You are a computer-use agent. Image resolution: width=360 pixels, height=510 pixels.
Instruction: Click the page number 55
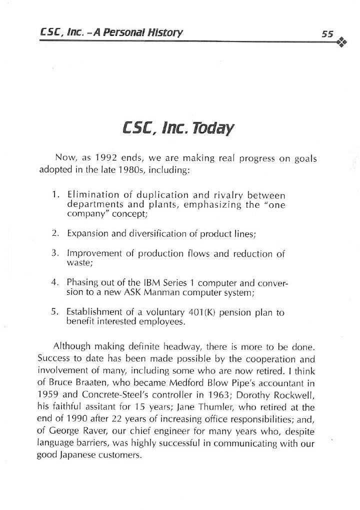coord(327,34)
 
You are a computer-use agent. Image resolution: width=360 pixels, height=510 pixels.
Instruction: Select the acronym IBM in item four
coord(149,283)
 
